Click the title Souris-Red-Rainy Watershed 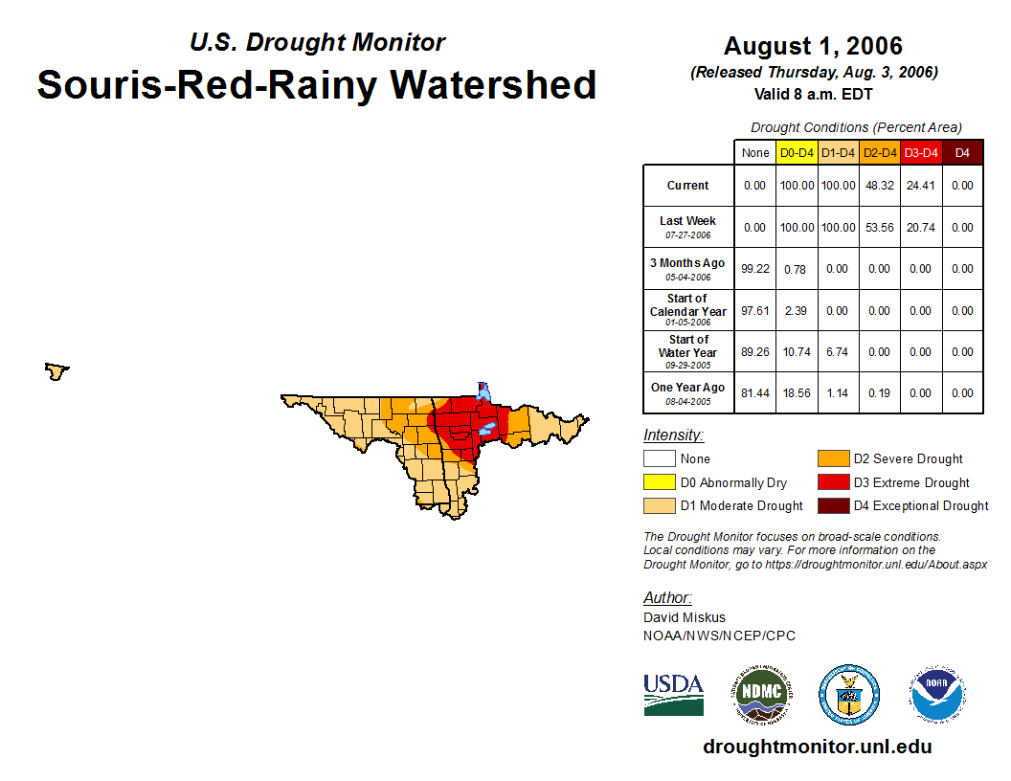[316, 84]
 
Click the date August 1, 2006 [813, 46]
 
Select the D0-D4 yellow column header [797, 152]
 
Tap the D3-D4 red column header [921, 152]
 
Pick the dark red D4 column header [962, 152]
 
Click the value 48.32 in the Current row [880, 186]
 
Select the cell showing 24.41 [921, 186]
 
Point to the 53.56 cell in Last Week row [880, 227]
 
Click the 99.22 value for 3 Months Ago [755, 269]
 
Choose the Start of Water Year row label [688, 351]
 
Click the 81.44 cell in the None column [755, 392]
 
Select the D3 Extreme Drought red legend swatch [832, 482]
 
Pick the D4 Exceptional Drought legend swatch [832, 505]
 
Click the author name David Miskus [684, 617]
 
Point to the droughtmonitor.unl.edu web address [817, 747]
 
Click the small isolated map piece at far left [56, 370]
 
